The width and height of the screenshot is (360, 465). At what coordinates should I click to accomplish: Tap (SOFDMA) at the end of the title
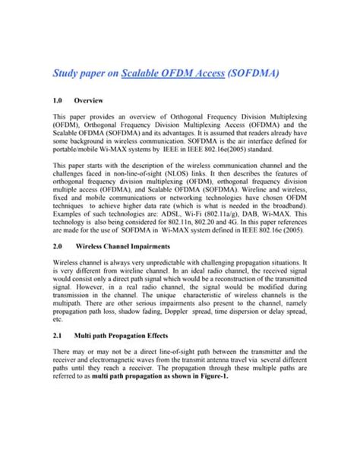click(257, 74)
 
